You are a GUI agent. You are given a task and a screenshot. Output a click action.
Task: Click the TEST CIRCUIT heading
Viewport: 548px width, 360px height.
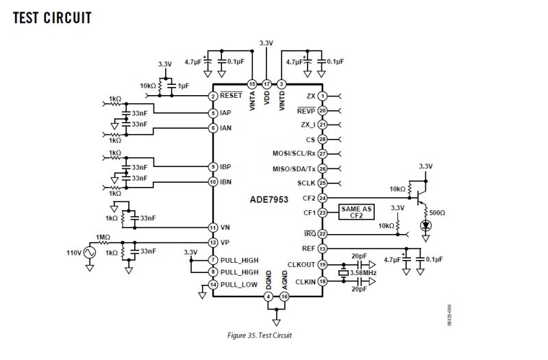pos(52,18)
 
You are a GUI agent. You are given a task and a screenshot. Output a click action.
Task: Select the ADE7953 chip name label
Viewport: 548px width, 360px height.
pos(269,200)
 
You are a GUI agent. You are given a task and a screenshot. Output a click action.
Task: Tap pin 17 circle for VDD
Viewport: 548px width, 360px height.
pos(267,83)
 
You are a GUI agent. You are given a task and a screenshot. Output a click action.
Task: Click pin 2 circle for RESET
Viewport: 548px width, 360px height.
pos(214,97)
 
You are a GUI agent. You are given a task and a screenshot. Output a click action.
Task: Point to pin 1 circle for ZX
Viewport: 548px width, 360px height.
pos(322,96)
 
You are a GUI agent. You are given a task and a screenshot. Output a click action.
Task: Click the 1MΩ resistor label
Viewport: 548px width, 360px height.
pos(103,237)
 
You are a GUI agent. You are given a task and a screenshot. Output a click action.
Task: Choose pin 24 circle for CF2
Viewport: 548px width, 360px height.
pos(322,198)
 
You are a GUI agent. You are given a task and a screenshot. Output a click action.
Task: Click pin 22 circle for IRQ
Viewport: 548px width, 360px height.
pos(322,234)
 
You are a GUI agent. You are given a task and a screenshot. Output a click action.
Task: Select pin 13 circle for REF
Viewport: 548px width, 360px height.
pos(322,249)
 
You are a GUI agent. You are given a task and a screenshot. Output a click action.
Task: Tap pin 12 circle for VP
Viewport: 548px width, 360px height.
pos(214,242)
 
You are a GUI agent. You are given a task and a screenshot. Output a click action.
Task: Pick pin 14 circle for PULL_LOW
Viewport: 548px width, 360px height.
pos(214,284)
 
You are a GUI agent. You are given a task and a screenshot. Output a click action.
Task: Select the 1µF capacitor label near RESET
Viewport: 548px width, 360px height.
pos(184,86)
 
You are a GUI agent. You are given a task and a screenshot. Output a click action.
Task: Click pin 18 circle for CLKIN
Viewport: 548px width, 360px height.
pos(322,281)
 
